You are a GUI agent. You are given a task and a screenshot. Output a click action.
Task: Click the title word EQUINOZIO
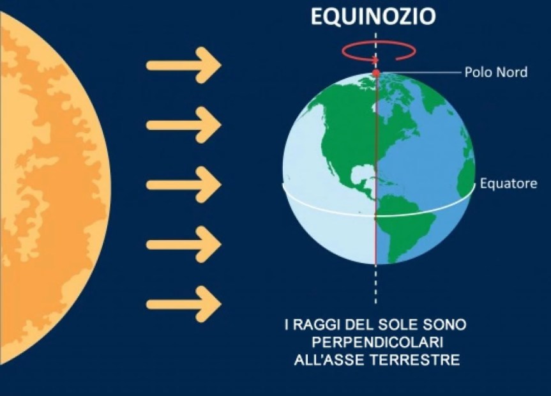tap(374, 17)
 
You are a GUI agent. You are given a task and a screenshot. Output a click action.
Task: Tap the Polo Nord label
tap(495, 72)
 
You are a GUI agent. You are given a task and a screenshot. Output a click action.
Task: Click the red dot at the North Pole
tap(376, 73)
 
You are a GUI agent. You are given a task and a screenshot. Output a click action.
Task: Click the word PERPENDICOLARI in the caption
tap(375, 343)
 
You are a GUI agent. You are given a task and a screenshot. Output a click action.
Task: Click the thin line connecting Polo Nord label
tap(421, 72)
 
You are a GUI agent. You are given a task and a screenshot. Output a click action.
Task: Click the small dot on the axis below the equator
tap(375, 218)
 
